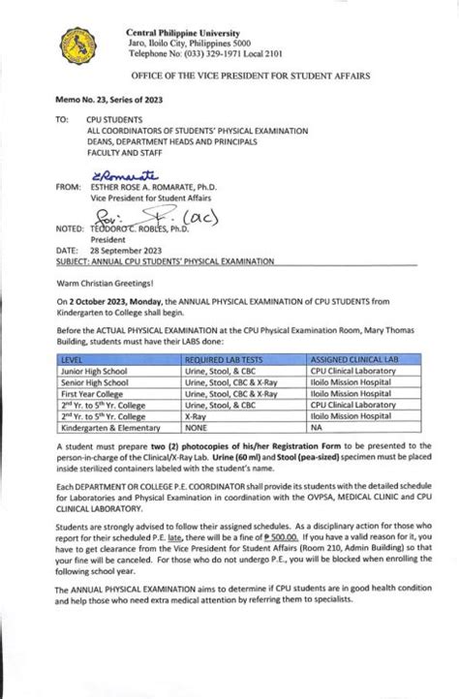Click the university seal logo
(79, 45)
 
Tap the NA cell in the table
(315, 448)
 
